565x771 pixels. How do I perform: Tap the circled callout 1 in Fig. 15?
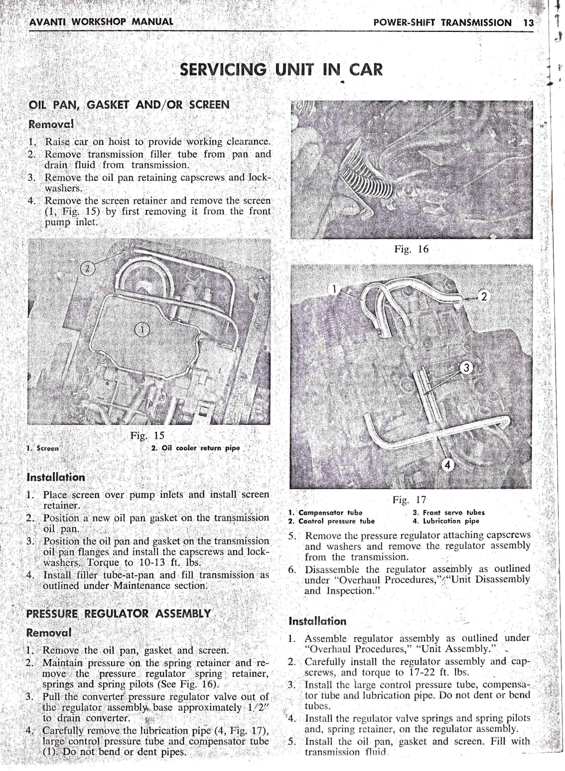142,329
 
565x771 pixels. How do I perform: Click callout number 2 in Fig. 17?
482,297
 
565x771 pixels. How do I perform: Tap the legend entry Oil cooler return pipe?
195,448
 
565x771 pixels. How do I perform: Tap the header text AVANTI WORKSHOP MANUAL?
101,22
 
